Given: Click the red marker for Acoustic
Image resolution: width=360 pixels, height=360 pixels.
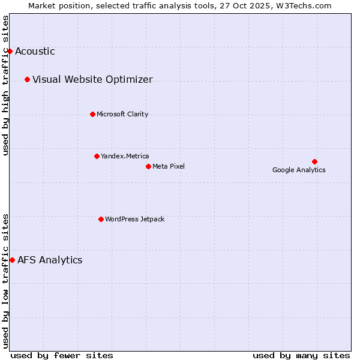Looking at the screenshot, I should point(10,51).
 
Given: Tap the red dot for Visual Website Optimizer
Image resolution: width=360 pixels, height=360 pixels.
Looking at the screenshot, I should point(27,79).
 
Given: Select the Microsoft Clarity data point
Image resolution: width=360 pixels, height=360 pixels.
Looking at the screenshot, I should point(92,114).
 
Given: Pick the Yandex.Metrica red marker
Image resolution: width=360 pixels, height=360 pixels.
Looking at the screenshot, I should point(97,156).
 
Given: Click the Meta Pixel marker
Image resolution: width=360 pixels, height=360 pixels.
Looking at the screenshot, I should point(148,166).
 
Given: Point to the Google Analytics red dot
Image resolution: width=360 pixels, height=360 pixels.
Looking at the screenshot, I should point(314,161).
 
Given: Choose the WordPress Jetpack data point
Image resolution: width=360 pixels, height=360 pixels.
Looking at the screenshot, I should point(101,219).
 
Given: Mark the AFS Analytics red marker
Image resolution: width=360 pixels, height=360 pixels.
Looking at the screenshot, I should point(12,260).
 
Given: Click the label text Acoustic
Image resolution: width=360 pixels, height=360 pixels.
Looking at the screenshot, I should point(35,51).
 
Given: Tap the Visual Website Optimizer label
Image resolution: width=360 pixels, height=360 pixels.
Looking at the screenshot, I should point(92,79).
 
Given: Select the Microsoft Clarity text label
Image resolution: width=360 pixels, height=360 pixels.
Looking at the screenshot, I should point(122,114).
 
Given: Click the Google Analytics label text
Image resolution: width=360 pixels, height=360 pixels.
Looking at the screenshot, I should point(299,170).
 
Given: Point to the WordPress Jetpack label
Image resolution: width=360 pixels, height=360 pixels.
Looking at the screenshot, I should point(134,219).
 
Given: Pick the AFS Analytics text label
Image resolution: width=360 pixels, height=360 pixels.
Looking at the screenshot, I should point(50,260).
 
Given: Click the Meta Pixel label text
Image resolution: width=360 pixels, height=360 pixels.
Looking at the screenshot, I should point(169,166).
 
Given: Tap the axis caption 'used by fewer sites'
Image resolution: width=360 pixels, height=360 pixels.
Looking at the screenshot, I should point(62,355).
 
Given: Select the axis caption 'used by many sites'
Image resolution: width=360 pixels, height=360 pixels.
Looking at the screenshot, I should point(301,355).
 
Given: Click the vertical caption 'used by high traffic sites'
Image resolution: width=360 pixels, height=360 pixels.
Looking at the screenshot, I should point(6,85).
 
